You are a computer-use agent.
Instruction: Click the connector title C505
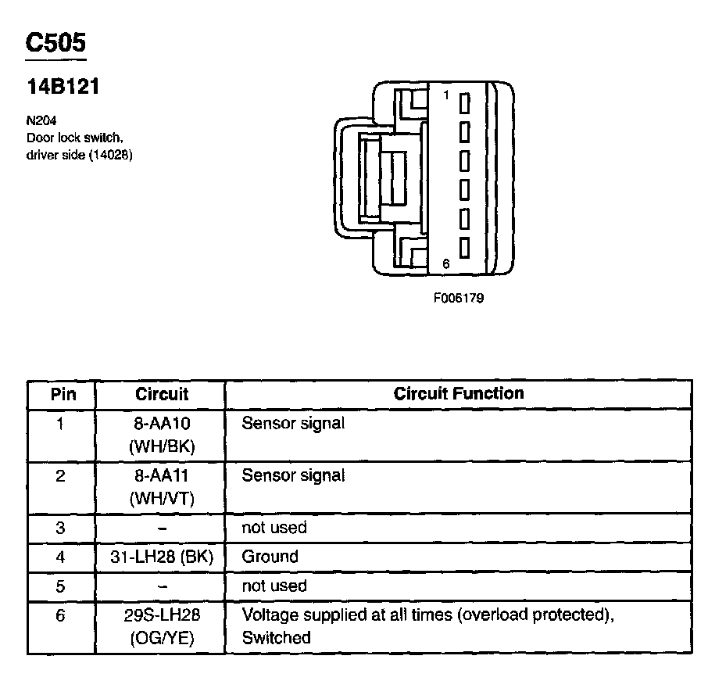pos(55,42)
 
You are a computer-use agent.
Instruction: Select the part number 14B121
pos(63,87)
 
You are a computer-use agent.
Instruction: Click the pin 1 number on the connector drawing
pos(445,95)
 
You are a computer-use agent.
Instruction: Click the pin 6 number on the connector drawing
pos(445,264)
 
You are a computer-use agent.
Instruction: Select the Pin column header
pos(63,393)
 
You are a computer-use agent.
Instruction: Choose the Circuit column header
pos(162,394)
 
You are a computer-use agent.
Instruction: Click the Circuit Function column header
pos(458,393)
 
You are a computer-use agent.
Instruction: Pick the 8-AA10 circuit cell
pos(162,433)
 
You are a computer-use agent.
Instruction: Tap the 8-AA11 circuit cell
pos(162,486)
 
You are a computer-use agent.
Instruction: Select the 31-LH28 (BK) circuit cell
pos(162,557)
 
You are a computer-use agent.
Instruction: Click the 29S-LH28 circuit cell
pos(162,625)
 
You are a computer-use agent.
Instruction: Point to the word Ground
pos(270,557)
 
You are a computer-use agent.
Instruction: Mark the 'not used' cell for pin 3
pos(274,528)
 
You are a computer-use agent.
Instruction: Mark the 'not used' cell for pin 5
pos(274,586)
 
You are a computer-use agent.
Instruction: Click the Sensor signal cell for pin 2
pos(293,475)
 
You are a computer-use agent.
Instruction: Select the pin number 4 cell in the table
pos(61,557)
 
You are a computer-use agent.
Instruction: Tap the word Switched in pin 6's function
pos(276,637)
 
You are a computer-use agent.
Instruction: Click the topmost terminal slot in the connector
pos(464,104)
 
